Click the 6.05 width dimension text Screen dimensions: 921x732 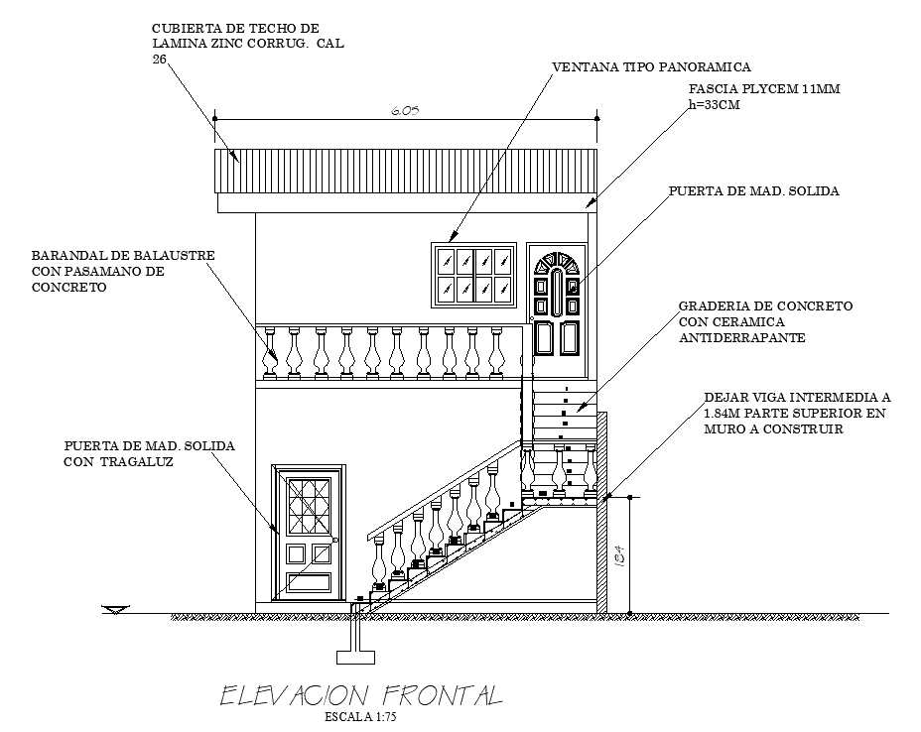point(405,110)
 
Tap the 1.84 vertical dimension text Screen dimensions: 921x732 point(619,555)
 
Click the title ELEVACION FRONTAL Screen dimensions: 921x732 point(361,695)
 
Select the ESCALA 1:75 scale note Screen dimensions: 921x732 point(360,717)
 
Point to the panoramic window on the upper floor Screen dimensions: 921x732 point(474,275)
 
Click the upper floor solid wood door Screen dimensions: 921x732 point(556,310)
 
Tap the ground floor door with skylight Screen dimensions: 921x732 point(309,533)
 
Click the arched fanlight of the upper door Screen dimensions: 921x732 point(556,264)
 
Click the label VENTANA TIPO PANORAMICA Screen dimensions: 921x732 point(652,66)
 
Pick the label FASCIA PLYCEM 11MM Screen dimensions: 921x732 point(764,89)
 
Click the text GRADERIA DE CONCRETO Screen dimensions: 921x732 point(765,305)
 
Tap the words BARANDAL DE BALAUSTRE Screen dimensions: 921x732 point(123,255)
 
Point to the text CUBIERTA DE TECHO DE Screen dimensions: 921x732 point(235,28)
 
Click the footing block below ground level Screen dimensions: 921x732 point(356,657)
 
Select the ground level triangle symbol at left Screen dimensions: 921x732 point(115,610)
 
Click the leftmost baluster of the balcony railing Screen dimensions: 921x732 point(270,352)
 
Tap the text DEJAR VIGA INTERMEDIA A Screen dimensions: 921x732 point(797,398)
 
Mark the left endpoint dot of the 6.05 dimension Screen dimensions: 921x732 point(215,119)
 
